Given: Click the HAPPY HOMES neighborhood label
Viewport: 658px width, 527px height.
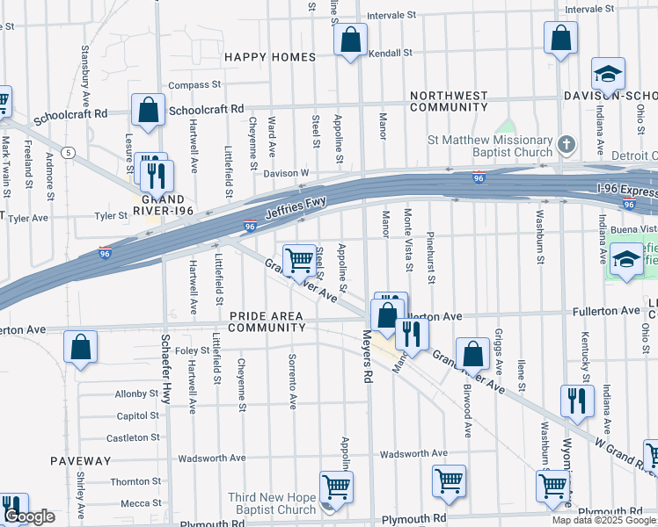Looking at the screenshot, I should click(x=269, y=57).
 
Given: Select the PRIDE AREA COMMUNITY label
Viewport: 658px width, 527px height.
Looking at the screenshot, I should click(x=267, y=321).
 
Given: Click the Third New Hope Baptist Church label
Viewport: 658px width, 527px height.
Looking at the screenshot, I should click(x=272, y=503).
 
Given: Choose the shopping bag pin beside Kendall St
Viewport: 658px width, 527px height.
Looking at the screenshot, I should click(x=350, y=40).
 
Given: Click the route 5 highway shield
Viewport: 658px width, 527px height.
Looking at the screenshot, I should click(x=69, y=152).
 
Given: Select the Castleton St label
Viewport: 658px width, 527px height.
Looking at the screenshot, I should click(x=133, y=437).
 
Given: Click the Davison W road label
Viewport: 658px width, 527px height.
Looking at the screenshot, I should click(x=286, y=173).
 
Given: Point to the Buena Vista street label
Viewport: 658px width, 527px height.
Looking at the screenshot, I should click(x=633, y=228).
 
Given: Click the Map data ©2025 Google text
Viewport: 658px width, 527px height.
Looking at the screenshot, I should click(x=603, y=520).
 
